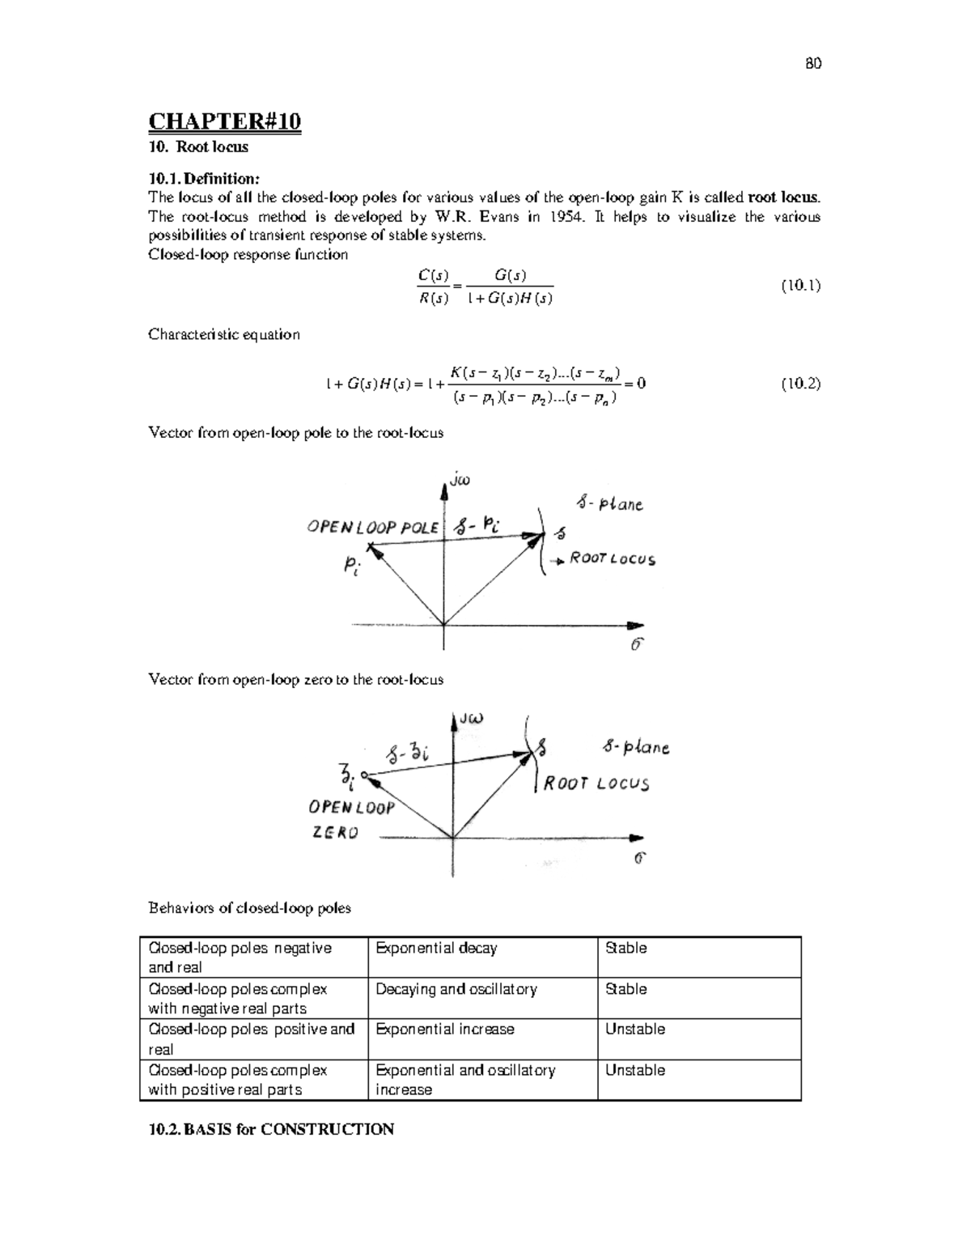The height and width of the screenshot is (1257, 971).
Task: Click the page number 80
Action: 813,64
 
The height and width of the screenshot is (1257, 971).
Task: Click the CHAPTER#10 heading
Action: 224,121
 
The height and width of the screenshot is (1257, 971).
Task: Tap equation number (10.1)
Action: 800,285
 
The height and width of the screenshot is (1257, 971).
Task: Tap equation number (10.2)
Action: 800,384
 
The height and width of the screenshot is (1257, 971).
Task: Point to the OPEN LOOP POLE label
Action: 372,527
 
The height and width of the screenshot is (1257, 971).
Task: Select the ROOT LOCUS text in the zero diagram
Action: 596,784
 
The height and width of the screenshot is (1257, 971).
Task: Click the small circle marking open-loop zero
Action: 364,775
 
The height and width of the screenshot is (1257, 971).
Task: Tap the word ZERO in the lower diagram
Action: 335,832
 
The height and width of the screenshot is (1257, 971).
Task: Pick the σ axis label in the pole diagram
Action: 637,644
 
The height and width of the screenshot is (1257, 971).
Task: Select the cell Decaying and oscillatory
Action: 456,989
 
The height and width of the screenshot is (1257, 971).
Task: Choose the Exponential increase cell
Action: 445,1030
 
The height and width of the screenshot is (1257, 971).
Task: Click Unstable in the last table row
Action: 635,1070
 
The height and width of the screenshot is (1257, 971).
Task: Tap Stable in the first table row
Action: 625,948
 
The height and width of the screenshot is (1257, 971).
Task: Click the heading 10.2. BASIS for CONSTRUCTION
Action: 271,1129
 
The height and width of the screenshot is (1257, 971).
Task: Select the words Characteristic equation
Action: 224,334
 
